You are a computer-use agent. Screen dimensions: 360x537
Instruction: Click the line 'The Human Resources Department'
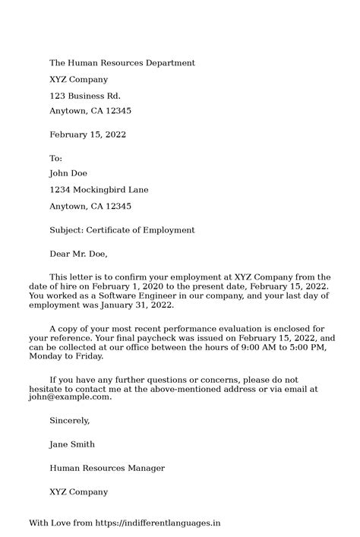(122, 63)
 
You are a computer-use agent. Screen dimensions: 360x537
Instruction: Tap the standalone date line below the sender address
(87, 134)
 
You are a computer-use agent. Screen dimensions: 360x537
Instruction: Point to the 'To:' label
(55, 158)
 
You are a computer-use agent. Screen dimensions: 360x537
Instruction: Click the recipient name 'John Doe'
(68, 174)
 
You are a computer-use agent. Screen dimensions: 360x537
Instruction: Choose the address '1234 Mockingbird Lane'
(99, 190)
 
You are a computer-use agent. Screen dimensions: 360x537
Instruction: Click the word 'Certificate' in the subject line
(109, 230)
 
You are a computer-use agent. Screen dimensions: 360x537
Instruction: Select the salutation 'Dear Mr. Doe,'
(78, 254)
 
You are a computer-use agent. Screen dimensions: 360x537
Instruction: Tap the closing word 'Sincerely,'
(69, 420)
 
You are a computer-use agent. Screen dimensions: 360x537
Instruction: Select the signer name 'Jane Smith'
(72, 444)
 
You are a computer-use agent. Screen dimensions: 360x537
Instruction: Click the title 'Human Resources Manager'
(107, 468)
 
